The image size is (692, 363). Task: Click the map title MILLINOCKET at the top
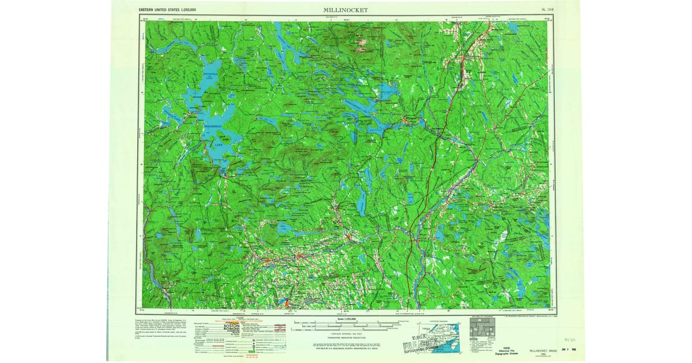[345, 10]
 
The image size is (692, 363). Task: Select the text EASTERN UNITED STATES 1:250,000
[167, 10]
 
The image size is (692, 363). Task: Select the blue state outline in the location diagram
[449, 333]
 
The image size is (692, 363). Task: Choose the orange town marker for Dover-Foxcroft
[299, 256]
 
